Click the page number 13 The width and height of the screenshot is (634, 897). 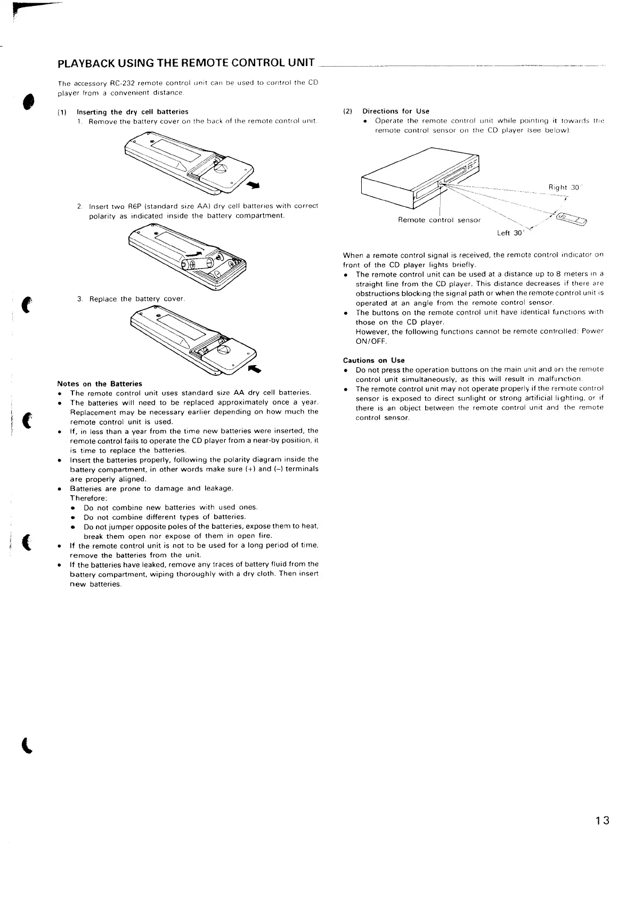[x=602, y=820]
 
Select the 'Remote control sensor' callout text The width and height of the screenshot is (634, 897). [x=439, y=220]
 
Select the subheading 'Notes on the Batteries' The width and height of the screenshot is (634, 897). [x=100, y=384]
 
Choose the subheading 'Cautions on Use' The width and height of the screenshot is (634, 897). [x=373, y=360]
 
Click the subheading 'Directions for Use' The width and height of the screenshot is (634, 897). [x=395, y=111]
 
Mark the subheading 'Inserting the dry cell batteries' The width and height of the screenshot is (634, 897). [x=133, y=112]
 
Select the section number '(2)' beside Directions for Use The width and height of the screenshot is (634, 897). [x=348, y=111]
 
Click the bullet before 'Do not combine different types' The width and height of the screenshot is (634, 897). [x=72, y=517]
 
